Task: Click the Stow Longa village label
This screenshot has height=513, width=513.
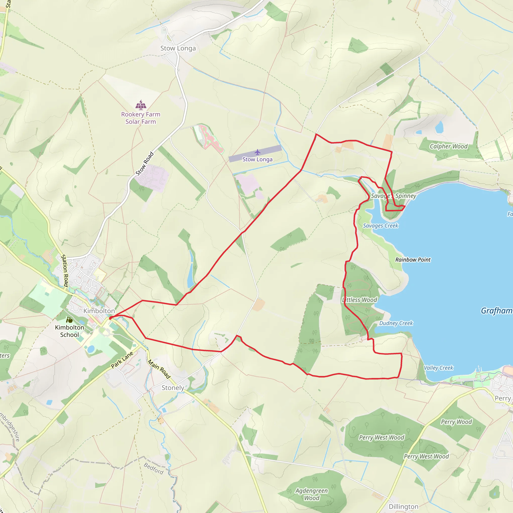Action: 178,48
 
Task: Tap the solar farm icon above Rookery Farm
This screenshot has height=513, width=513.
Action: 141,105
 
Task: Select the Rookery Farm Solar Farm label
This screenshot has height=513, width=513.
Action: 141,118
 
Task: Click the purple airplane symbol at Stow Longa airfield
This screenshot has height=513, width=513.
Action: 257,152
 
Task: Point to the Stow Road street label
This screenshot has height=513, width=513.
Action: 145,164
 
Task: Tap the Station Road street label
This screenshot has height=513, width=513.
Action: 65,271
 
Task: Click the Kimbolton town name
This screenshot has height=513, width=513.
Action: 99,311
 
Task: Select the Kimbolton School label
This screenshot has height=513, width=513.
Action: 70,331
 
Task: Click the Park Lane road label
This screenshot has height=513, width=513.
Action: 122,360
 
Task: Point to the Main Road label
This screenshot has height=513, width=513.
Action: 159,369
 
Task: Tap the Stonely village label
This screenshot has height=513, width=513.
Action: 173,388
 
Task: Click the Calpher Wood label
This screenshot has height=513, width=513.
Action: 448,146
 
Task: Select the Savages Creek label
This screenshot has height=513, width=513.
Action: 380,226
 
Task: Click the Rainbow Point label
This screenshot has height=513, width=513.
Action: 413,260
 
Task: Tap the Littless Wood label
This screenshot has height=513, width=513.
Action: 360,300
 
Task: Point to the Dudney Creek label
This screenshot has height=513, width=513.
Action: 396,323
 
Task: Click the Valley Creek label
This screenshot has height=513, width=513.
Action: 438,368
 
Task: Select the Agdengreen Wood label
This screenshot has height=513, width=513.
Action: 312,494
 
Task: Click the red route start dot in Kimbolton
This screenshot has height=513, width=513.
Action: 110,318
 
